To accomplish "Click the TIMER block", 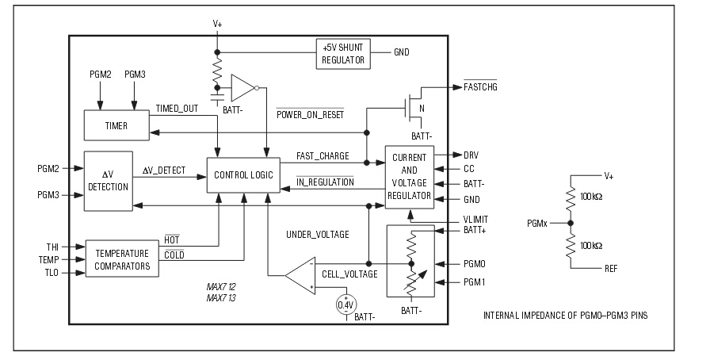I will (x=116, y=126).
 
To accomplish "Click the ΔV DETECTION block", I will (x=109, y=182).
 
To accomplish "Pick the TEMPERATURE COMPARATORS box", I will (x=123, y=259).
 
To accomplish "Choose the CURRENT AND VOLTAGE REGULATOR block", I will (x=409, y=177).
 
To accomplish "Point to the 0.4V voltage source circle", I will (x=345, y=304).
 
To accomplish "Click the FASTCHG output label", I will (x=482, y=86).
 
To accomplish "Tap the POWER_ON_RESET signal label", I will (x=310, y=113).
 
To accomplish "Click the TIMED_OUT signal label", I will (x=177, y=108).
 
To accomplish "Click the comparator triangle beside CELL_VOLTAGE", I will (x=301, y=276).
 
